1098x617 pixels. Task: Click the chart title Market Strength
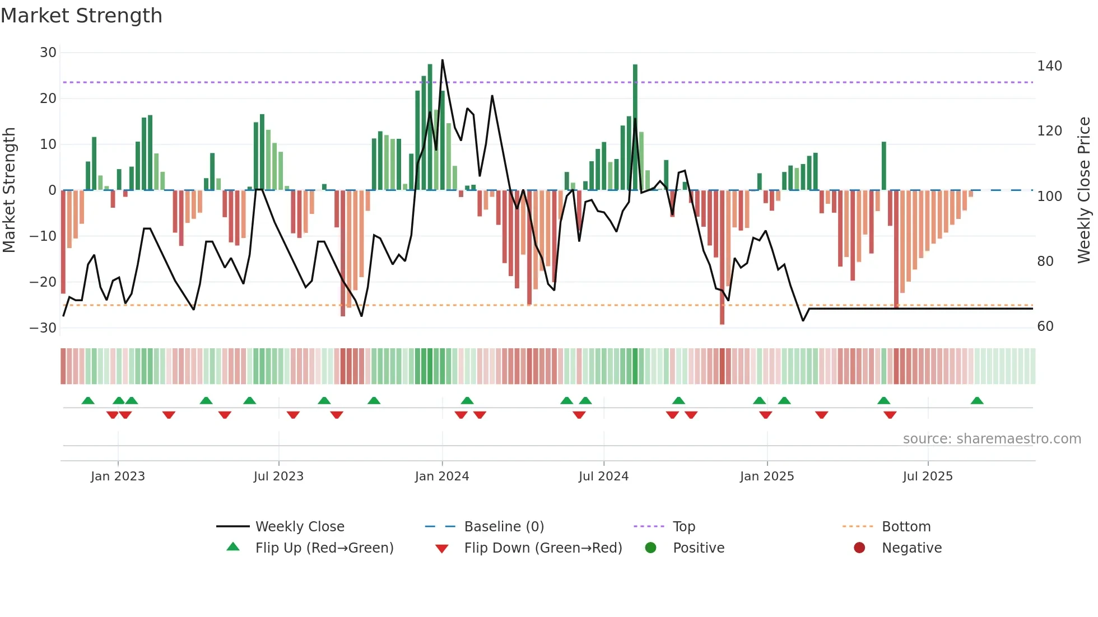[x=81, y=16]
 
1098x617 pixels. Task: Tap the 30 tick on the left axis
[x=48, y=53]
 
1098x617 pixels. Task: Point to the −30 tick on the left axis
[x=43, y=328]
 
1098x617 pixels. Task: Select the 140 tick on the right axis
[x=1049, y=66]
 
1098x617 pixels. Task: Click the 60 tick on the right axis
[x=1045, y=326]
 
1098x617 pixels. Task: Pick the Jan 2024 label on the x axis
[x=442, y=476]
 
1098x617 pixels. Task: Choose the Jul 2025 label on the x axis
[x=928, y=476]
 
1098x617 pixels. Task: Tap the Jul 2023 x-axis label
[x=278, y=476]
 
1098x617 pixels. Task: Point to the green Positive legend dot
[x=650, y=548]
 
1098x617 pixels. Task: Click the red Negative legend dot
[x=859, y=548]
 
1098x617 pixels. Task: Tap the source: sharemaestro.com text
[x=992, y=439]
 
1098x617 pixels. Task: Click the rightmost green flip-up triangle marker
[x=977, y=401]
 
